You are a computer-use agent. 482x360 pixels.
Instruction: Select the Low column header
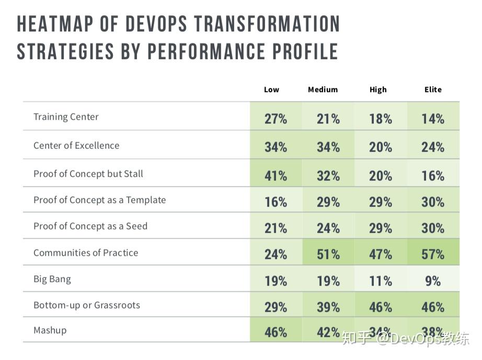coord(271,89)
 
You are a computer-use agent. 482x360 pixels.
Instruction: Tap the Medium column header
coord(323,89)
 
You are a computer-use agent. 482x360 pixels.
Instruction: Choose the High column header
coord(378,89)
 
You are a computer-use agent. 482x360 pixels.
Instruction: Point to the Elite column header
coord(433,89)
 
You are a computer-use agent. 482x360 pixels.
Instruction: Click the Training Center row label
coord(66,117)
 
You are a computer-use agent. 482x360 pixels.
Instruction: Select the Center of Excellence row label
coord(76,145)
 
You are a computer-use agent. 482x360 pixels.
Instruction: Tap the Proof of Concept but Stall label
coord(88,174)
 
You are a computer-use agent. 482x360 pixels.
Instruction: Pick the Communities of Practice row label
coord(86,253)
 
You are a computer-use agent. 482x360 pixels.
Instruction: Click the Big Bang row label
coord(52,279)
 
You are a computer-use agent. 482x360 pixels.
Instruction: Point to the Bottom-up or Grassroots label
coord(87,305)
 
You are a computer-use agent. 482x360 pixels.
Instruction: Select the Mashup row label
coord(50,330)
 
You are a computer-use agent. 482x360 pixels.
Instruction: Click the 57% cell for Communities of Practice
coord(433,254)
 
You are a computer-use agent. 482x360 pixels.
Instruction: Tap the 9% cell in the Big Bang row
coord(433,281)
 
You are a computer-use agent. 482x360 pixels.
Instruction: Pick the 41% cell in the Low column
coord(276,176)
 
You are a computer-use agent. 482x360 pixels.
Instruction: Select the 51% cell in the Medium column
coord(328,254)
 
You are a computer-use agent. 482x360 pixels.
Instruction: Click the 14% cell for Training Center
coord(433,119)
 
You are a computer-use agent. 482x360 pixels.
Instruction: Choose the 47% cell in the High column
coord(380,254)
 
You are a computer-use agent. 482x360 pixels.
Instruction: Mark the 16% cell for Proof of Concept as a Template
coord(276,202)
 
